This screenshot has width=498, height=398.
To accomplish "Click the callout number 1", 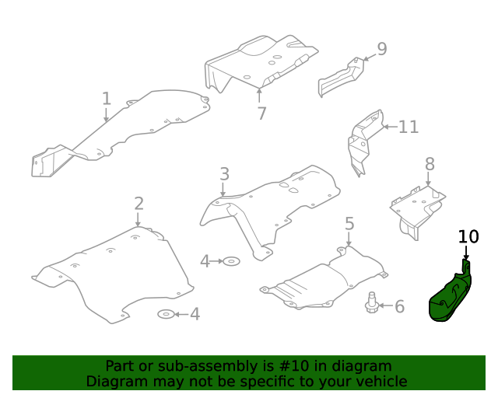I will [x=107, y=99].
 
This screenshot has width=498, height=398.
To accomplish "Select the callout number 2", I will [x=139, y=204].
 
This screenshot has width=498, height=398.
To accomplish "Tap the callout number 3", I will [x=224, y=174].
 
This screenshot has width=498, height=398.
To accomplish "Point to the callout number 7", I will [x=261, y=113].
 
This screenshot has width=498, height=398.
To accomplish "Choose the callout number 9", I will [x=381, y=49].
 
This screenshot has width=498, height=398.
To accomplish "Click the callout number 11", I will [x=409, y=127].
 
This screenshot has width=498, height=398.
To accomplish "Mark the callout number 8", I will [x=429, y=164].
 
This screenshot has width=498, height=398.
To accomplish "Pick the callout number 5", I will [x=349, y=224].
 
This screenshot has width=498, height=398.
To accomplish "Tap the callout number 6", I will [x=399, y=307].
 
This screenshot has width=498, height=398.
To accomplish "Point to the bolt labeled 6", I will [x=372, y=302].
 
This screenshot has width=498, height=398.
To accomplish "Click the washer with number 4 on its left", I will [x=232, y=261].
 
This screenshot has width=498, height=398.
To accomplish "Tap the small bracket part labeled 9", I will [x=339, y=79].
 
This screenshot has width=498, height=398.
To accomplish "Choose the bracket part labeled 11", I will [x=363, y=141].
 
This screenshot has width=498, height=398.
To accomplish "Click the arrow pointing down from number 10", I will [x=467, y=253].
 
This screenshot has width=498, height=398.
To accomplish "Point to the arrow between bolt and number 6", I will [x=385, y=306].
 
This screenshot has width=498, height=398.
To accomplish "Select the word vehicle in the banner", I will [x=379, y=381].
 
